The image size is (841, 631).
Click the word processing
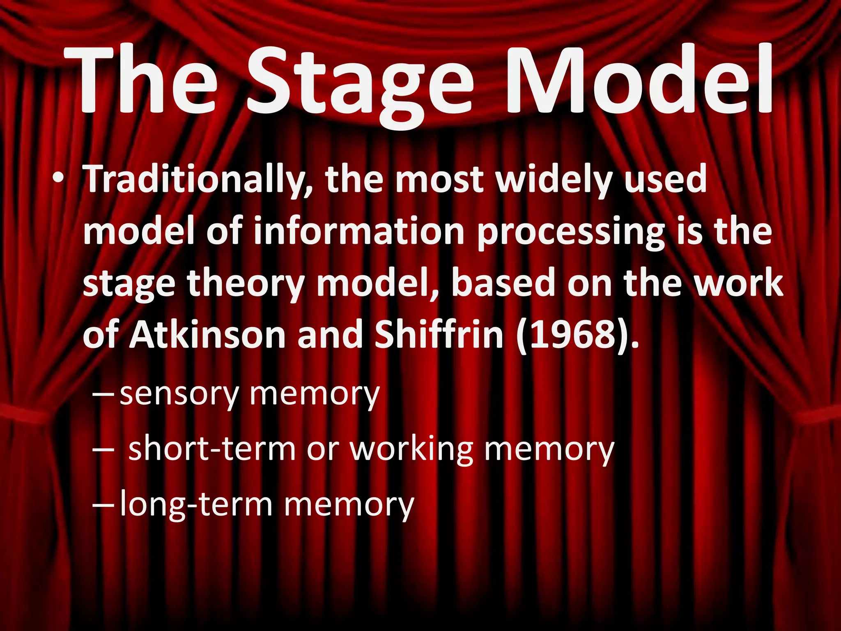coord(570,234)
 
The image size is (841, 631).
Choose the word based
coord(503,283)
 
